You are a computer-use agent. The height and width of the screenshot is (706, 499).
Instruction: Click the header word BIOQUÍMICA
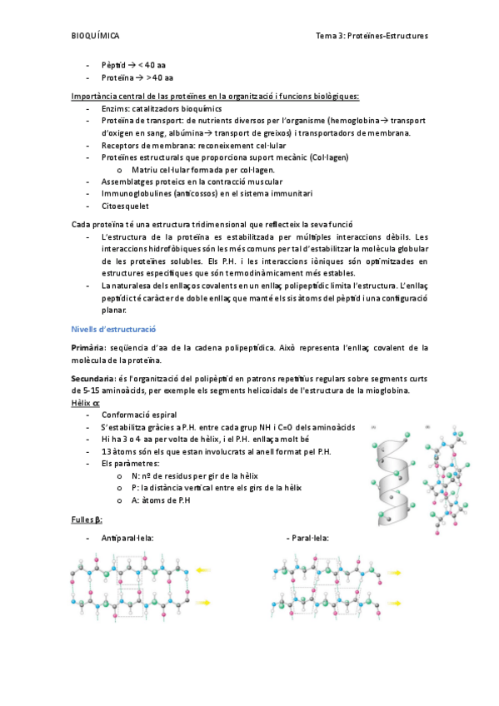pos(96,37)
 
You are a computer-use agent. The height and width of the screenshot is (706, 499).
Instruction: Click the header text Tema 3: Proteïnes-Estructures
pos(372,37)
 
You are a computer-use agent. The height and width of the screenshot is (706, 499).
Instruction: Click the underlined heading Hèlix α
pos(86,403)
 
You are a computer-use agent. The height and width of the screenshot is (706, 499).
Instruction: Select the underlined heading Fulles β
pos(87,520)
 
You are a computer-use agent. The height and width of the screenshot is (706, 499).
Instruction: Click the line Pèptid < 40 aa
pos(133,65)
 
